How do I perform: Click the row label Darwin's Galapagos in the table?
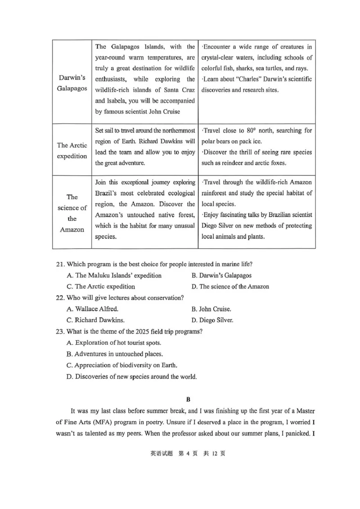click(x=72, y=82)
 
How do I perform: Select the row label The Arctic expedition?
click(x=72, y=151)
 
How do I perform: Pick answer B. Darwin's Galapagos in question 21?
click(x=221, y=275)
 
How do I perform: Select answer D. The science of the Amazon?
click(x=230, y=286)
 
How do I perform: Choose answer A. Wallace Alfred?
click(x=92, y=309)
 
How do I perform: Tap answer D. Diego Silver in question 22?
click(x=212, y=321)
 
